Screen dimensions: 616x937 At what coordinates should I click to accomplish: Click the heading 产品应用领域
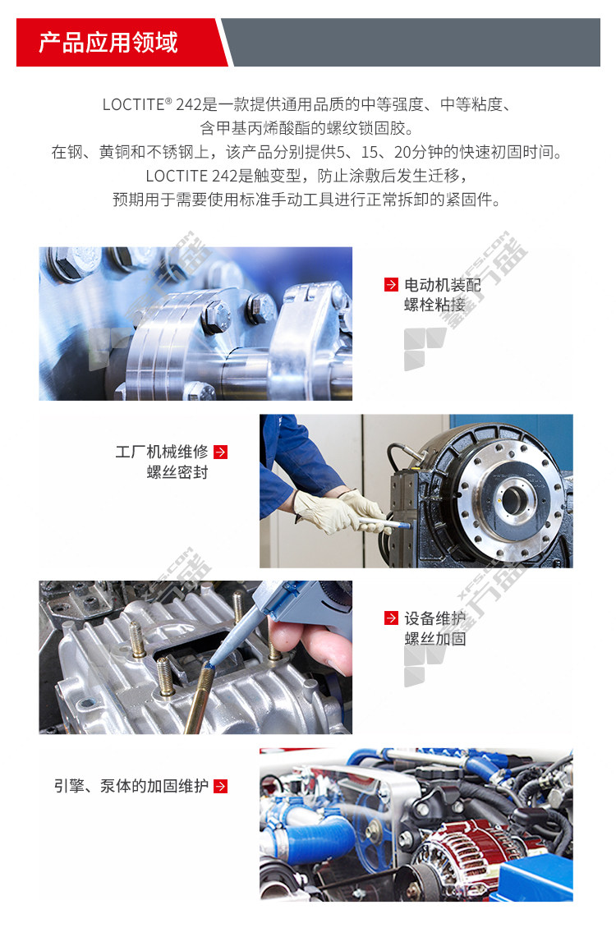tap(108, 43)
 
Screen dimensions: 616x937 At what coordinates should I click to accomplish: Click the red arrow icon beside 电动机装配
tap(391, 285)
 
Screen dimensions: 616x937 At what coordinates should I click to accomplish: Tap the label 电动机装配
tap(442, 285)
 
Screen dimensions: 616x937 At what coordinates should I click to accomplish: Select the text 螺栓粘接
tap(434, 305)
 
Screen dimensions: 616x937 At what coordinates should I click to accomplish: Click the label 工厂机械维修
tap(162, 452)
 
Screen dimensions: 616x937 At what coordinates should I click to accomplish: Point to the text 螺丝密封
tap(177, 472)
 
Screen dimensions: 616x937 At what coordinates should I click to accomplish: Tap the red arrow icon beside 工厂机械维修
tap(220, 452)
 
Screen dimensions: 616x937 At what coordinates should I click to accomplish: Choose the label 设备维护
tap(434, 618)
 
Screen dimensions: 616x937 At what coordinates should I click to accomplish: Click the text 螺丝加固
tap(434, 639)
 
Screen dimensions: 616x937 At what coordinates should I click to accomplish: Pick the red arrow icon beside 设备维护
tap(391, 618)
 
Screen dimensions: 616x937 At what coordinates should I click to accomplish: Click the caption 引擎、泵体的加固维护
tap(131, 786)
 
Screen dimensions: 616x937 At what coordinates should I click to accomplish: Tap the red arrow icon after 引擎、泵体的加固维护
tap(220, 786)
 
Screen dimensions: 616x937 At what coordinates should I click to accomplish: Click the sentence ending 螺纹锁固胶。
tap(307, 128)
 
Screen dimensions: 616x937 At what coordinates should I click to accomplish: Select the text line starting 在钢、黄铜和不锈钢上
tap(307, 152)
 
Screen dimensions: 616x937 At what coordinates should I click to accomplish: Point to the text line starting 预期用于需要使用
tap(307, 200)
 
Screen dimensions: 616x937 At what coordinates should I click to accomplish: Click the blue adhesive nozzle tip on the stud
tap(209, 664)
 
